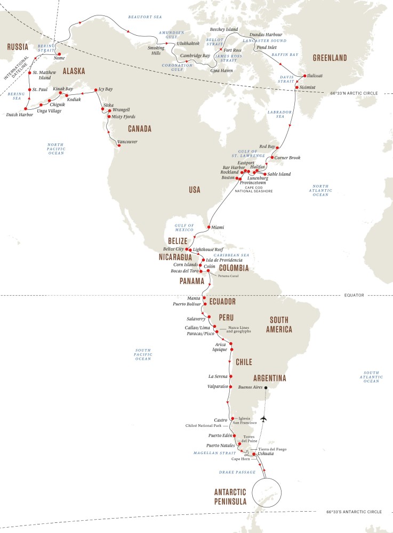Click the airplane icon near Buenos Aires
click(x=264, y=419)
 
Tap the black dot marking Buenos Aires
click(x=266, y=387)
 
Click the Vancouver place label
click(x=127, y=142)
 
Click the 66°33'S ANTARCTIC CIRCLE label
click(x=354, y=512)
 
